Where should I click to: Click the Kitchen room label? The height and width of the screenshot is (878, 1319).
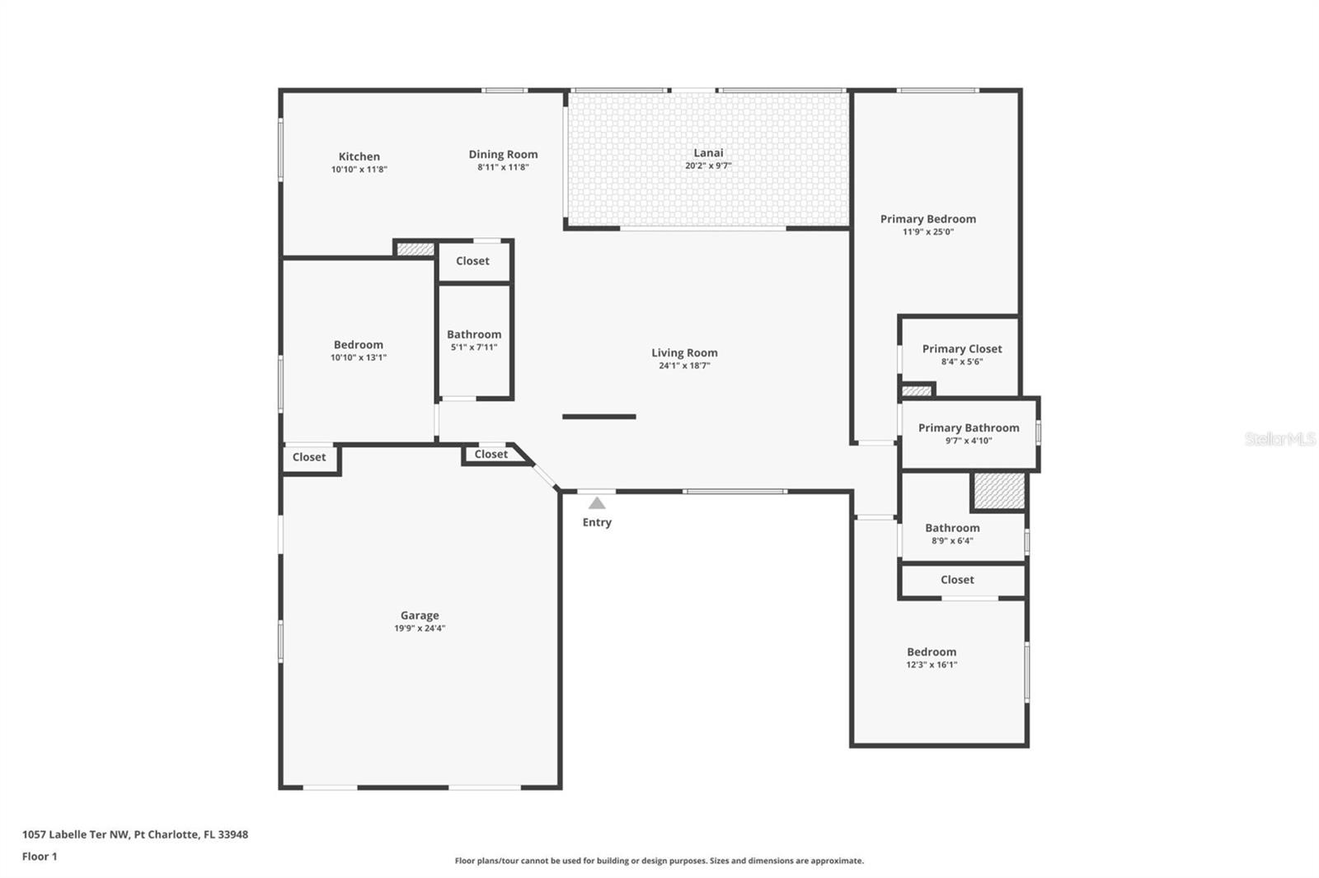[359, 156]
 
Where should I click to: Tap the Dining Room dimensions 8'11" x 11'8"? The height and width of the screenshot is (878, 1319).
[503, 167]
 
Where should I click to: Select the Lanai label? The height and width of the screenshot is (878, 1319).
[708, 152]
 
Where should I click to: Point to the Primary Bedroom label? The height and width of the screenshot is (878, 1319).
[927, 219]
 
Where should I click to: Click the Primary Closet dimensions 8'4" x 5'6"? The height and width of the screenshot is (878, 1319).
[961, 362]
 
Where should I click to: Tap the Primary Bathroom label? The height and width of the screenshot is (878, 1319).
[968, 427]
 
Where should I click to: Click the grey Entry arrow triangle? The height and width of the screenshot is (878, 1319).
[597, 503]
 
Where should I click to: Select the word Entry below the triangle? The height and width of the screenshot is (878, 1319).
[597, 522]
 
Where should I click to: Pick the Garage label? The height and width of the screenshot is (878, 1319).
[420, 615]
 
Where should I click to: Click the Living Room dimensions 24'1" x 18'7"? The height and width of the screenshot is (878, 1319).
[684, 366]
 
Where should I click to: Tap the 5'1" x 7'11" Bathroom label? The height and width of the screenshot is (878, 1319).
[474, 334]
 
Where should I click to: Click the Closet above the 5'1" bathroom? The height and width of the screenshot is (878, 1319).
[472, 261]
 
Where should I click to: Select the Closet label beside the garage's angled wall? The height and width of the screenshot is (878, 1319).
[491, 455]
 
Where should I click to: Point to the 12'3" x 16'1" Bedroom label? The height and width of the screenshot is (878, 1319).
[932, 651]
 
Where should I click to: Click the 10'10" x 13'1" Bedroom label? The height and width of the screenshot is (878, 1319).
[358, 345]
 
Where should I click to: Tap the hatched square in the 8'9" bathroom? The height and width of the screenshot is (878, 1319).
[999, 491]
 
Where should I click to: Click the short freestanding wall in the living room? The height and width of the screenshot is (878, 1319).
[598, 417]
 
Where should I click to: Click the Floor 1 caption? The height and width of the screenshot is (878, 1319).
[40, 857]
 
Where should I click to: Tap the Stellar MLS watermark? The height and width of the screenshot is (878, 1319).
[1279, 439]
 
